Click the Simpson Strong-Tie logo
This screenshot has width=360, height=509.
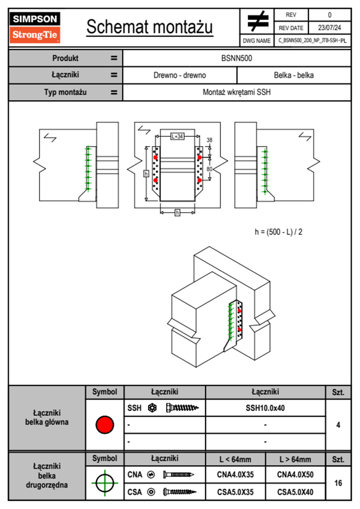tap(35, 28)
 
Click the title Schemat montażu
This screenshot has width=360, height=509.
tap(150, 27)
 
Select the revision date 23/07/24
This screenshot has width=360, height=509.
tap(329, 28)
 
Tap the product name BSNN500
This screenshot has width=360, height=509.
tap(237, 58)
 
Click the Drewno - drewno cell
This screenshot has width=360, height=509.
tap(180, 75)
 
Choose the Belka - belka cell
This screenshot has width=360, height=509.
tap(294, 75)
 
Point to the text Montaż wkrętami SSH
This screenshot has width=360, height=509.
tap(237, 92)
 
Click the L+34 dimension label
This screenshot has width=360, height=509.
tap(177, 136)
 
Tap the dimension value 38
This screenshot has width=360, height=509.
tap(209, 140)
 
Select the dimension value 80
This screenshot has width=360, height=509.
tap(209, 169)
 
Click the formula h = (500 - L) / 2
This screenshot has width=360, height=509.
tap(278, 232)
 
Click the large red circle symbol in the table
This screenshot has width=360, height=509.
tap(105, 425)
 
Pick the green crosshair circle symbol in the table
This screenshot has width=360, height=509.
tap(105, 483)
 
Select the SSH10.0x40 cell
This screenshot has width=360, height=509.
tap(265, 408)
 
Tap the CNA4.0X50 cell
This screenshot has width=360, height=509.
tap(295, 475)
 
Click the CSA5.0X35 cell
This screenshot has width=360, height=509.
tap(235, 492)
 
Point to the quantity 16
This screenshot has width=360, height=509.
tap(338, 483)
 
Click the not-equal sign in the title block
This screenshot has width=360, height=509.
tap(257, 21)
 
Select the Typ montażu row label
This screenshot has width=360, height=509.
tap(65, 92)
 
